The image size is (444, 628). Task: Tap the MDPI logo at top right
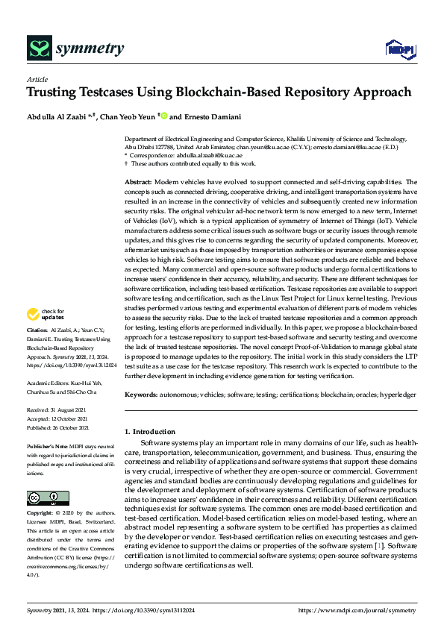[398, 49]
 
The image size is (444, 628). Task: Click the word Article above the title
[37, 79]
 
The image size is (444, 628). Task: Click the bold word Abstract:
[138, 182]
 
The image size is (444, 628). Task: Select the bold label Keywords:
[140, 394]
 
